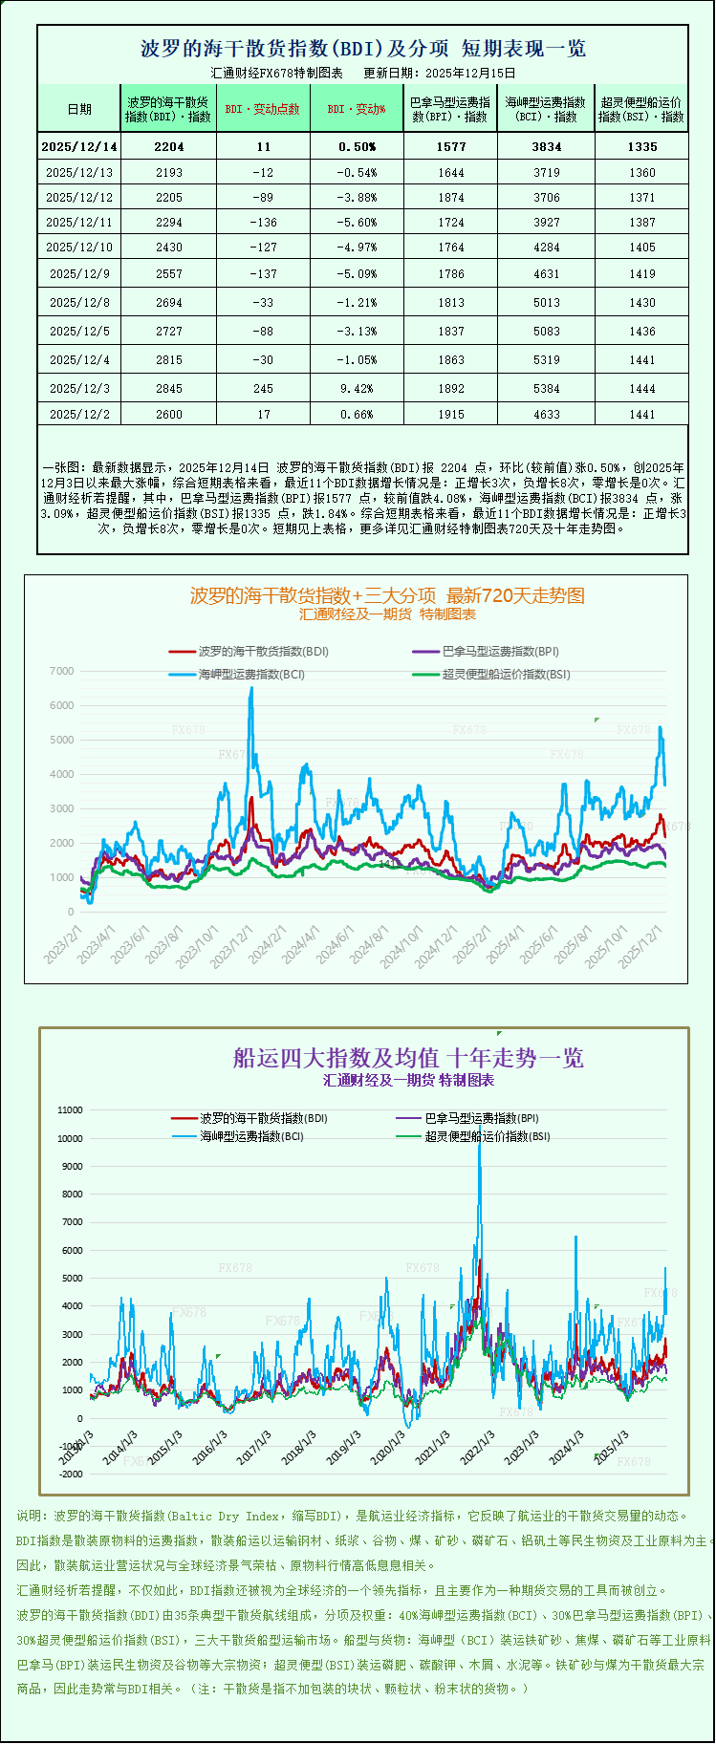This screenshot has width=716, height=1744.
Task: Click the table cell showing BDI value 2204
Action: click(x=168, y=146)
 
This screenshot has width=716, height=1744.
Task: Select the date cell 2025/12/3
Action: click(x=79, y=389)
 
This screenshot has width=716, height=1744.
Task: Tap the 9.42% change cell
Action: click(x=357, y=389)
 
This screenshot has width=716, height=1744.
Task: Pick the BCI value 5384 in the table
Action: click(x=546, y=389)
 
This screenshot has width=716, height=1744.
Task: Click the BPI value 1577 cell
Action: click(x=451, y=146)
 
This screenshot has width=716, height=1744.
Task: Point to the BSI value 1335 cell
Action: click(x=642, y=146)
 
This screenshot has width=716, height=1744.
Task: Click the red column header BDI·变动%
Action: click(x=357, y=109)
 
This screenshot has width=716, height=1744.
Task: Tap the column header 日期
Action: click(x=79, y=109)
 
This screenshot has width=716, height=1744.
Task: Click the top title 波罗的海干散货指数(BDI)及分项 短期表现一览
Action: click(x=363, y=49)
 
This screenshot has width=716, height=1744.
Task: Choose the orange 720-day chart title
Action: click(x=387, y=595)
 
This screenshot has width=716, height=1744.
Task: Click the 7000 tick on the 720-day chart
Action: click(x=61, y=672)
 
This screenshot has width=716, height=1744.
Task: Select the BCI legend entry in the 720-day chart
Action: click(x=251, y=674)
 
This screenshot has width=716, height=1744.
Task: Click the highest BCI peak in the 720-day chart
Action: click(x=251, y=688)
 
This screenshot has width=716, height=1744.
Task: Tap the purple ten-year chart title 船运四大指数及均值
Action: click(x=408, y=1058)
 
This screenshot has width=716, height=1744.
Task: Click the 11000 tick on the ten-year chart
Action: click(x=71, y=1110)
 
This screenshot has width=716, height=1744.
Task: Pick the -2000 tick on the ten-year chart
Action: click(x=71, y=1475)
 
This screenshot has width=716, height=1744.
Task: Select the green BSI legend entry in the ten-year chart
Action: click(x=488, y=1137)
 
